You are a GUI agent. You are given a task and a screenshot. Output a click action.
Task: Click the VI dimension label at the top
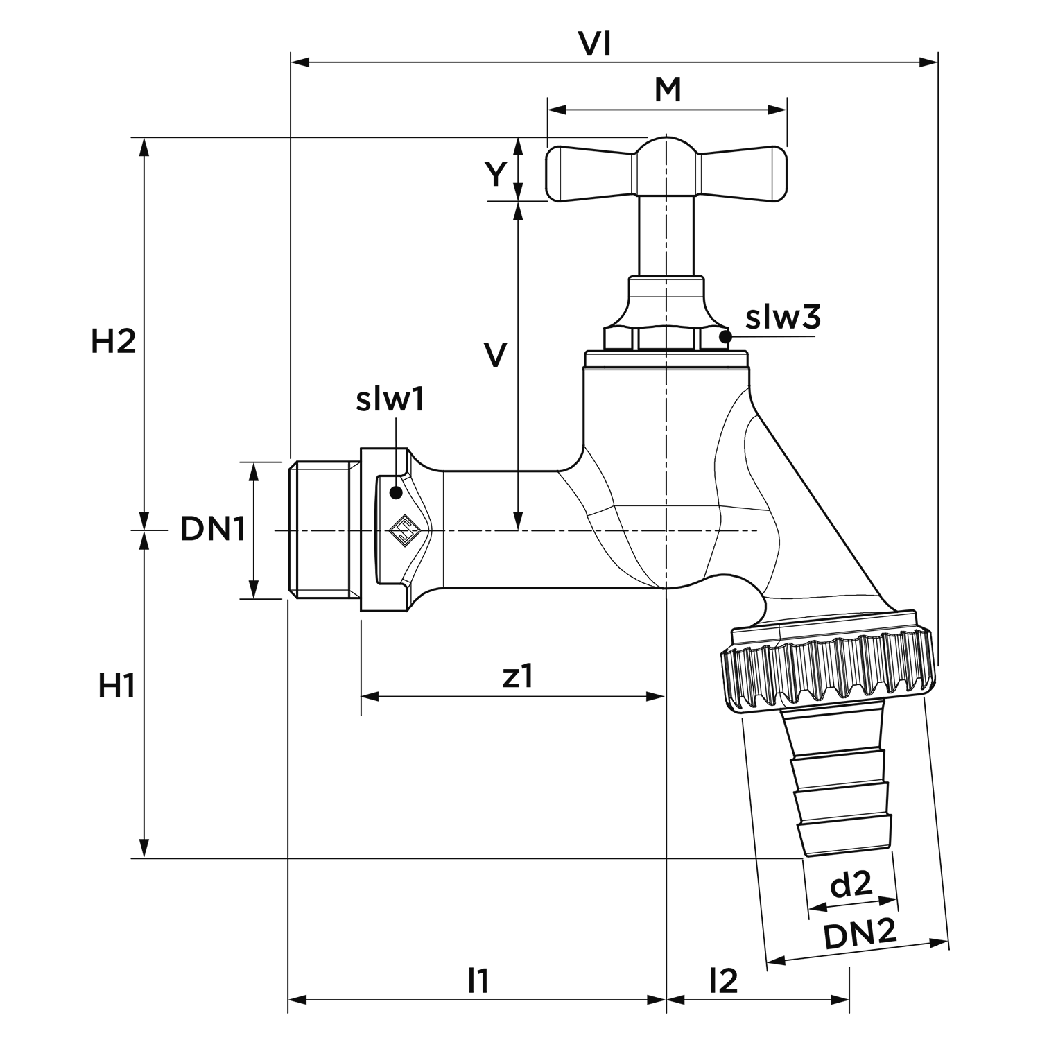[x=595, y=44]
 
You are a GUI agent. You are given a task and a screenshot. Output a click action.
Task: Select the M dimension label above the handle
[x=668, y=90]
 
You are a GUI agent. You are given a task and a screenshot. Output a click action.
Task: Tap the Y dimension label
[x=495, y=175]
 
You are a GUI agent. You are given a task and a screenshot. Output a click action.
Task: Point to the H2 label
[x=113, y=342]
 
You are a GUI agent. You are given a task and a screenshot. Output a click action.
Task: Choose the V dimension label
[x=495, y=355]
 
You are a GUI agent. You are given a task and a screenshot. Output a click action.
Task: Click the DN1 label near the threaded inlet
[x=213, y=530]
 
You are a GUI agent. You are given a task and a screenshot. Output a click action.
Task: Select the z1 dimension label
[x=518, y=676]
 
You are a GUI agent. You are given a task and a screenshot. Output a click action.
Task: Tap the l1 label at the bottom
[x=478, y=981]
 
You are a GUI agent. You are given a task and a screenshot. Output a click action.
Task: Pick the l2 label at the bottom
[x=723, y=981]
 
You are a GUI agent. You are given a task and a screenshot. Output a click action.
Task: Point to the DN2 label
[x=860, y=937]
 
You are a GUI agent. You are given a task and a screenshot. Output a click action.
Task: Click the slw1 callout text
[x=390, y=401]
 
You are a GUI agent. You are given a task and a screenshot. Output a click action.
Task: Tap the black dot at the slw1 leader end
[x=396, y=493]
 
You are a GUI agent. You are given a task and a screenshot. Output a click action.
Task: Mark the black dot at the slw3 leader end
[x=725, y=337]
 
